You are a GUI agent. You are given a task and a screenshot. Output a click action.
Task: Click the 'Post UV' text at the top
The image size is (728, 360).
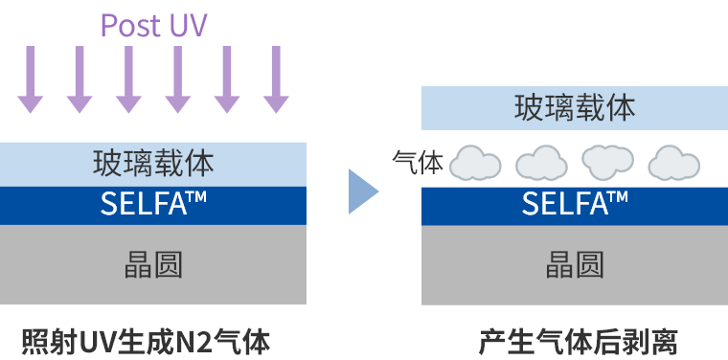tap(153, 24)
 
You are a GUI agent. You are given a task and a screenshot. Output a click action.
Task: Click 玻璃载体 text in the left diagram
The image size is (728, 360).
tap(153, 163)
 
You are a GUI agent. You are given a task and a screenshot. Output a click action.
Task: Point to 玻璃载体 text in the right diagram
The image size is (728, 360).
tap(575, 108)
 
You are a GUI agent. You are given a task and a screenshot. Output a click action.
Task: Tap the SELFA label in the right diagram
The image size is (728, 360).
tap(565, 204)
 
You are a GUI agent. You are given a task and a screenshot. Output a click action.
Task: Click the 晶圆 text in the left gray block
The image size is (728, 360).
tap(153, 265)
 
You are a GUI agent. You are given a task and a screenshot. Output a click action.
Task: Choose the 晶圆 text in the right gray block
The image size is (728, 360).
tap(575, 265)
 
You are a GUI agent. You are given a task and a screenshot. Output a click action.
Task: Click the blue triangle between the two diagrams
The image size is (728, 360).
tap(362, 191)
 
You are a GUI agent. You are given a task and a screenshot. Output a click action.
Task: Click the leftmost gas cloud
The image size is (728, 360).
tap(476, 163)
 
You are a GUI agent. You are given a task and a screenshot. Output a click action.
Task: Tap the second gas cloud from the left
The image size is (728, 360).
tap(542, 163)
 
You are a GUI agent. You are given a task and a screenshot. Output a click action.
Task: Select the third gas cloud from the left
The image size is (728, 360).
tap(608, 163)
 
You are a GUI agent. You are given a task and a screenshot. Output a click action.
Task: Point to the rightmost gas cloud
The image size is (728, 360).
tap(675, 163)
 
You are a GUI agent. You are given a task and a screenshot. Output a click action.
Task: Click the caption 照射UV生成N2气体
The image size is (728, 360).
tap(146, 340)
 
